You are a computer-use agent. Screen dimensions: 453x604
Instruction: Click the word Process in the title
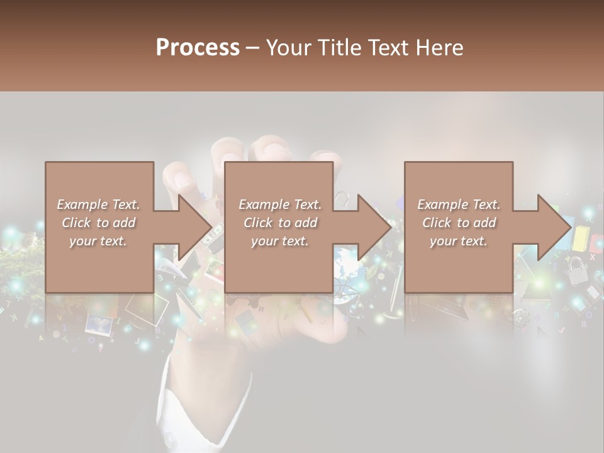(x=198, y=48)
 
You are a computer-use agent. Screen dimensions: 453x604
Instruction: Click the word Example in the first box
(x=81, y=204)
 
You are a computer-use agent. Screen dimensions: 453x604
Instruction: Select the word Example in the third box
(x=442, y=204)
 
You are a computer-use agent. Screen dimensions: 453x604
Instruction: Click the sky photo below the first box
(x=99, y=323)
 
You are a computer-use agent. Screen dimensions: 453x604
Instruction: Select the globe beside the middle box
(x=345, y=258)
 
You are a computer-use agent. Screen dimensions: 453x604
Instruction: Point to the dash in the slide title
(x=252, y=48)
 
